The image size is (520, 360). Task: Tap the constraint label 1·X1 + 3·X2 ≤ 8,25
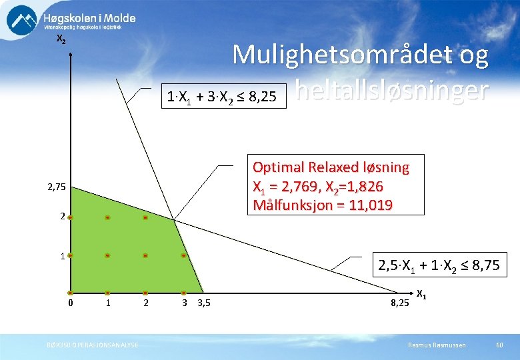point(222,98)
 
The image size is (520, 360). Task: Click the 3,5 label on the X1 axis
point(204,304)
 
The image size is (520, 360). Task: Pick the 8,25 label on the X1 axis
point(400,304)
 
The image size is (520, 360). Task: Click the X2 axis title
point(61,40)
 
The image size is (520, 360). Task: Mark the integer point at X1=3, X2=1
point(183,255)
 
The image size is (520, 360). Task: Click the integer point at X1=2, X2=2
point(145,217)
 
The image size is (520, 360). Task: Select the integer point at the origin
point(69,293)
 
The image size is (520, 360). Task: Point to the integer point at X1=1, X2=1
point(107,255)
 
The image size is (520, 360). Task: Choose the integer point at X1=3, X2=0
point(183,293)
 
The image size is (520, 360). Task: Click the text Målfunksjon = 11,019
point(323,205)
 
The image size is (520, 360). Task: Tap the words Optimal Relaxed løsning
point(331,167)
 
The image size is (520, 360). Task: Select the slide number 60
point(499,344)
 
